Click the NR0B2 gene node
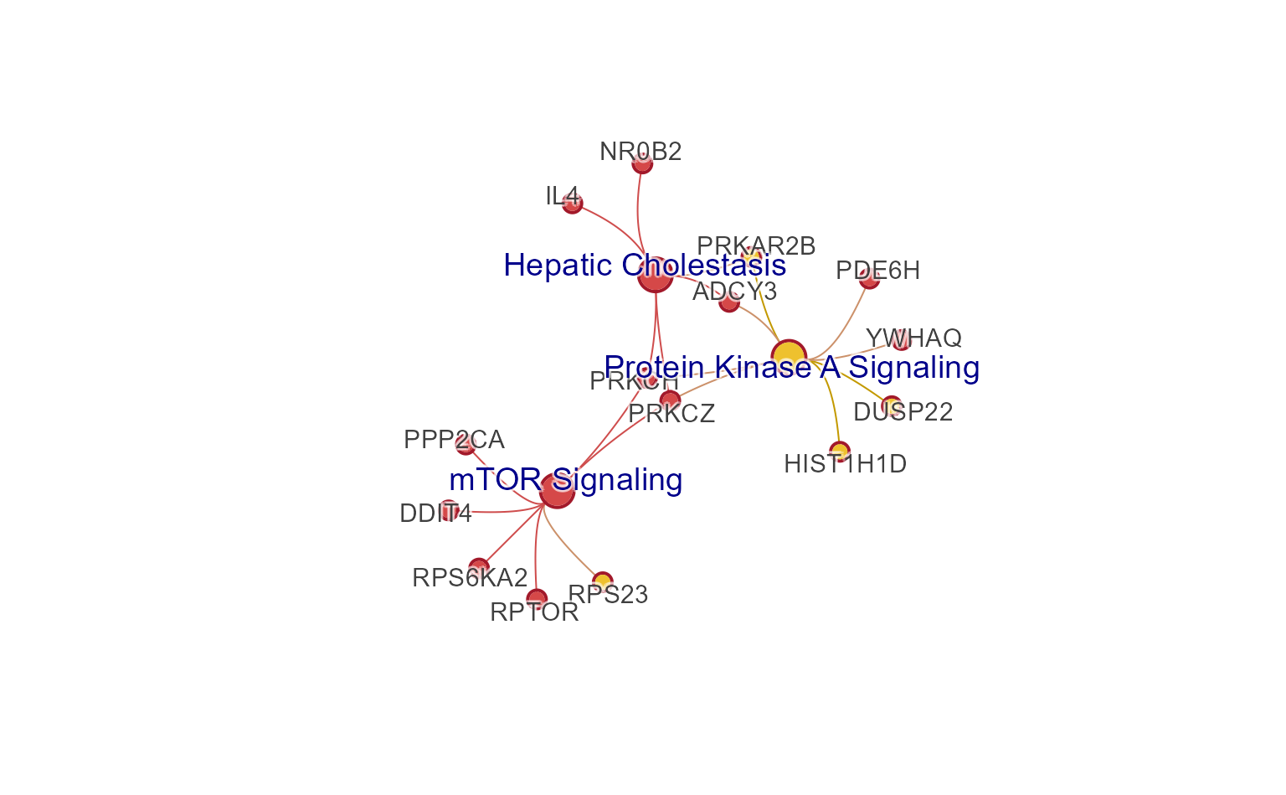(642, 163)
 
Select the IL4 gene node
(572, 204)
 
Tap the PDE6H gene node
(869, 279)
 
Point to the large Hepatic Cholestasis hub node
(655, 276)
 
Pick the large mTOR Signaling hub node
(557, 490)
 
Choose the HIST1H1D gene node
(840, 451)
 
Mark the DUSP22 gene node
(892, 405)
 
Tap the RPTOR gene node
(537, 598)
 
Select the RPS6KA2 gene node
(478, 567)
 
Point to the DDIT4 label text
(435, 513)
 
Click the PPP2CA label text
(454, 439)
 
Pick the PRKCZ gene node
(670, 400)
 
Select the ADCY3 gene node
(729, 302)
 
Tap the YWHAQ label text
(913, 338)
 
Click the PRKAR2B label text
(756, 245)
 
